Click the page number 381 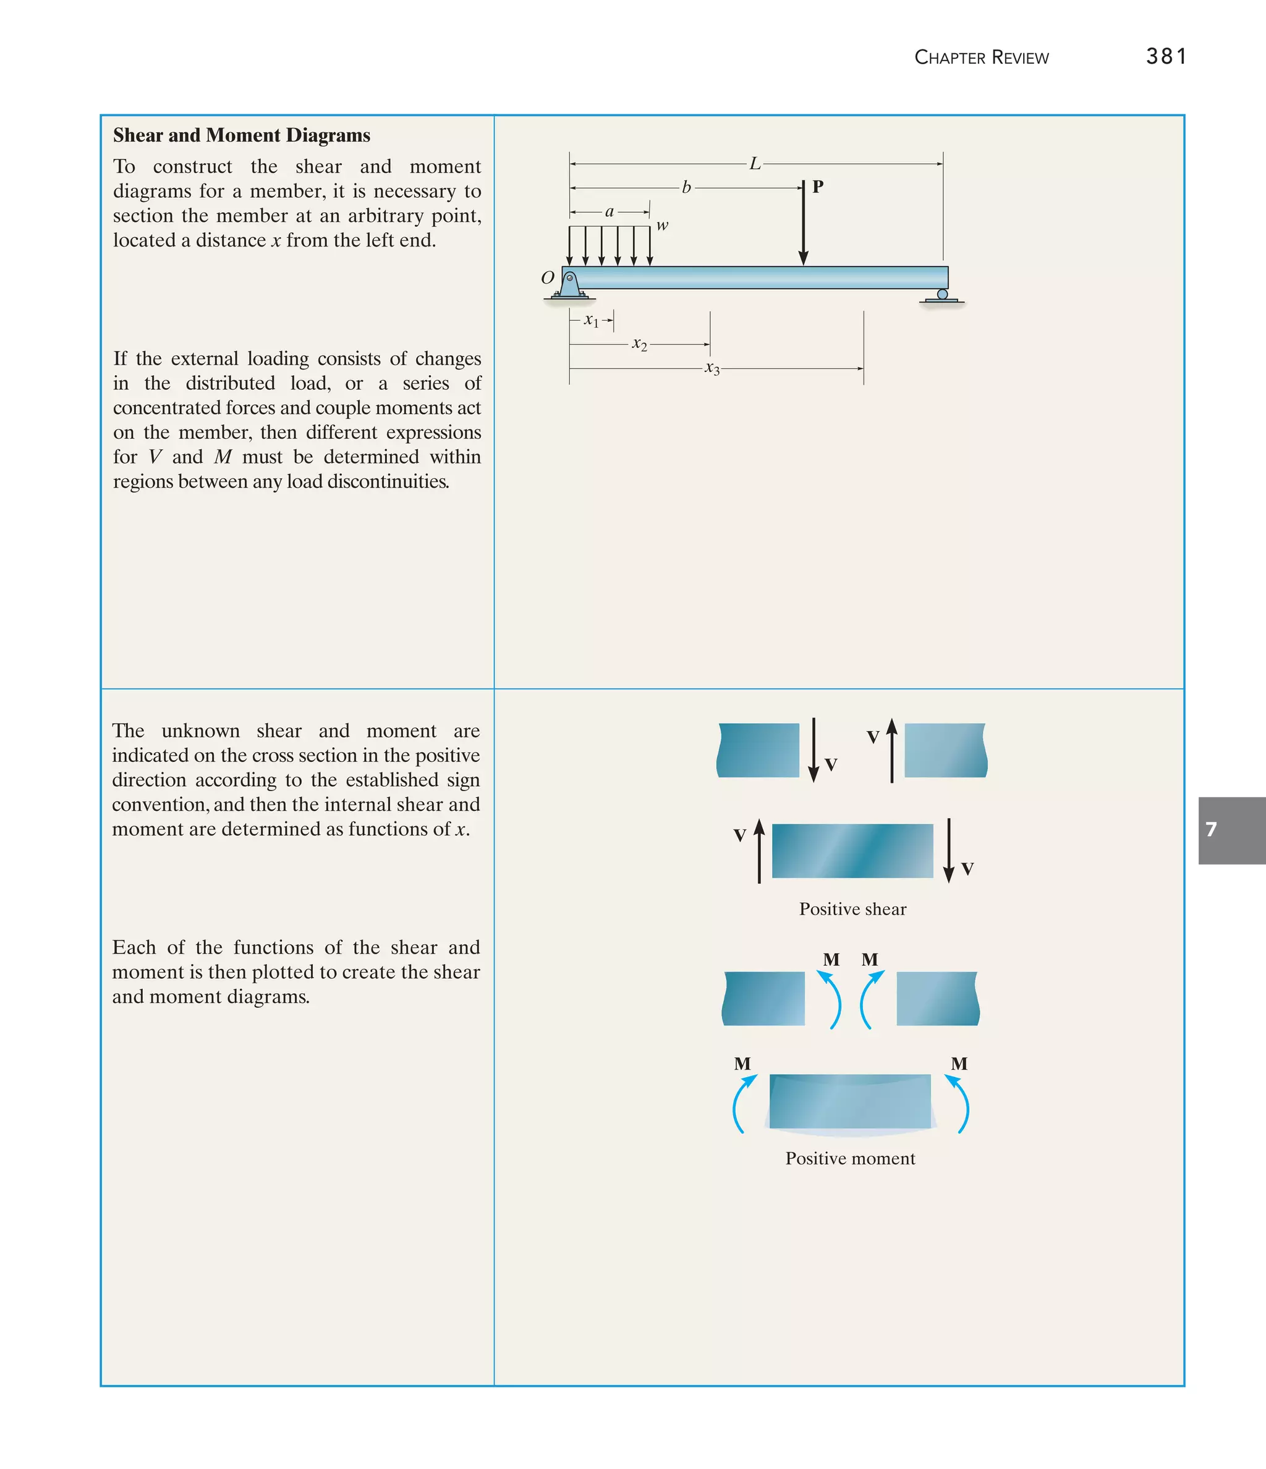pyautogui.click(x=1166, y=56)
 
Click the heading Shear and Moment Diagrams pyautogui.click(x=241, y=135)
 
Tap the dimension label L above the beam pyautogui.click(x=755, y=164)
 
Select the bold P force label pyautogui.click(x=818, y=187)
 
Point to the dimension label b pyautogui.click(x=686, y=187)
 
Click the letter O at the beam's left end pyautogui.click(x=548, y=277)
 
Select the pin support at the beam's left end pyautogui.click(x=569, y=285)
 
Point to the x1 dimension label pyautogui.click(x=591, y=321)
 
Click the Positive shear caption pyautogui.click(x=852, y=909)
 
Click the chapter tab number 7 pyautogui.click(x=1212, y=829)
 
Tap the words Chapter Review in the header pyautogui.click(x=981, y=57)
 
